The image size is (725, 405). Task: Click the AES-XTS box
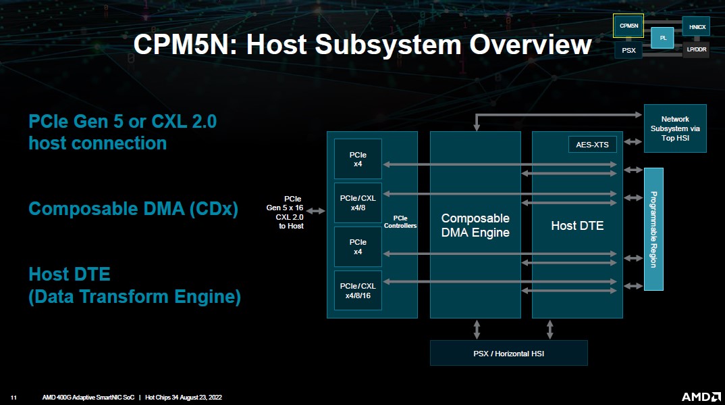(x=592, y=144)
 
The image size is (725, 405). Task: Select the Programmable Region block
(x=653, y=229)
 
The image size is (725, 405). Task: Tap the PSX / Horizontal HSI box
(x=508, y=353)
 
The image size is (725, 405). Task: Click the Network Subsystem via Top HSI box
(x=674, y=128)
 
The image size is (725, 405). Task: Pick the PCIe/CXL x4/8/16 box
(x=358, y=291)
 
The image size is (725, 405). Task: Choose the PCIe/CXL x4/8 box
(x=358, y=203)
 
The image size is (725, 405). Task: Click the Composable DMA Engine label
(x=475, y=226)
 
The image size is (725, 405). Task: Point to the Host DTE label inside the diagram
(x=577, y=226)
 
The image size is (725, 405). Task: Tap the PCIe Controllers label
(x=400, y=222)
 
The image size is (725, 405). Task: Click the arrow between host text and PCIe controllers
(x=316, y=212)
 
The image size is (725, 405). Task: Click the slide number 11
(x=13, y=398)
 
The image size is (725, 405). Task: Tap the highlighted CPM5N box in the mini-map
(x=628, y=26)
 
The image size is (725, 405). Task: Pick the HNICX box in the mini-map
(x=696, y=27)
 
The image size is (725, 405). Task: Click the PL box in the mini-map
(x=662, y=38)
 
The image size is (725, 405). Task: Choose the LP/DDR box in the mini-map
(x=696, y=50)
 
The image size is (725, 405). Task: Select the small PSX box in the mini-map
(x=628, y=50)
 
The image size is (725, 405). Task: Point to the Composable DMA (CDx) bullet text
(x=133, y=209)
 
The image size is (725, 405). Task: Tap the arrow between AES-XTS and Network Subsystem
(x=631, y=142)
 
